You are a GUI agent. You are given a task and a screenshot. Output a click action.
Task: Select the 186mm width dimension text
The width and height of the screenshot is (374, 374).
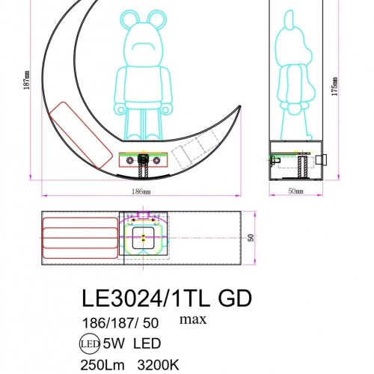click(x=140, y=193)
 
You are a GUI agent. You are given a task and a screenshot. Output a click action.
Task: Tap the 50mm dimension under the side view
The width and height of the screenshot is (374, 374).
click(x=295, y=192)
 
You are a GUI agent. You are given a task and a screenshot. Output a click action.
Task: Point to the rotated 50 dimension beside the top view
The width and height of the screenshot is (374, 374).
click(x=251, y=236)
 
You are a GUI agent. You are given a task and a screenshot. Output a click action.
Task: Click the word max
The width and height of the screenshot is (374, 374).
click(x=192, y=320)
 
